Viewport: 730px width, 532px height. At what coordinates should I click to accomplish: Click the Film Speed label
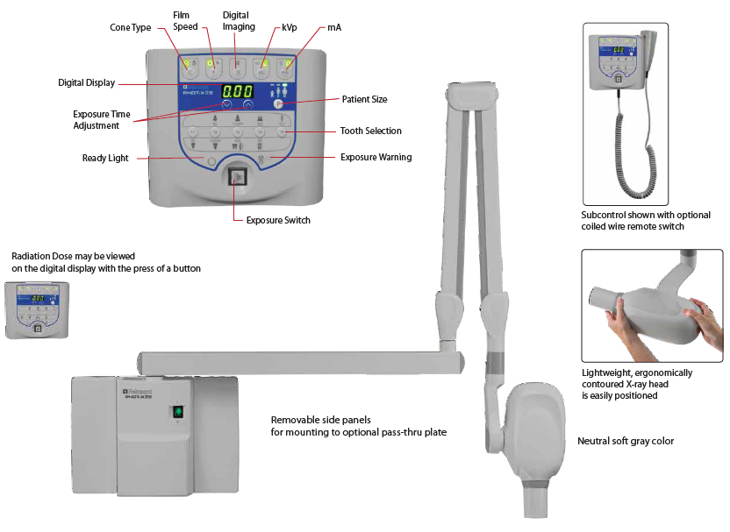(186, 20)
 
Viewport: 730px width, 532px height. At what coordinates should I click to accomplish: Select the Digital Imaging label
(238, 20)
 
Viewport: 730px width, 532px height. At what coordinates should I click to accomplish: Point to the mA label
(334, 27)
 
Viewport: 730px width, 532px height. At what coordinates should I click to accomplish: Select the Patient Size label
(364, 100)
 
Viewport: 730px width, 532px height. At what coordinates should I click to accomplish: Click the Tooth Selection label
(370, 131)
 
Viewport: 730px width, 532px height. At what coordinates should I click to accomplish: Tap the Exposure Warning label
(376, 158)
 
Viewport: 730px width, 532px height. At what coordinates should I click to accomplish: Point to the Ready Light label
(105, 158)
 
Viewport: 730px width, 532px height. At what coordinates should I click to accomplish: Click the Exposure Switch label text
(278, 220)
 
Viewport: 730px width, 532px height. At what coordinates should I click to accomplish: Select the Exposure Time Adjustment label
(101, 120)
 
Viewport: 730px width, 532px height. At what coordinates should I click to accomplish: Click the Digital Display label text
(86, 82)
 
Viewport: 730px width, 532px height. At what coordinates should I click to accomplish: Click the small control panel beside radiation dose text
(38, 309)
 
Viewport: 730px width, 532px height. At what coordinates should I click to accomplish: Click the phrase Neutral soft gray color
(625, 441)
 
